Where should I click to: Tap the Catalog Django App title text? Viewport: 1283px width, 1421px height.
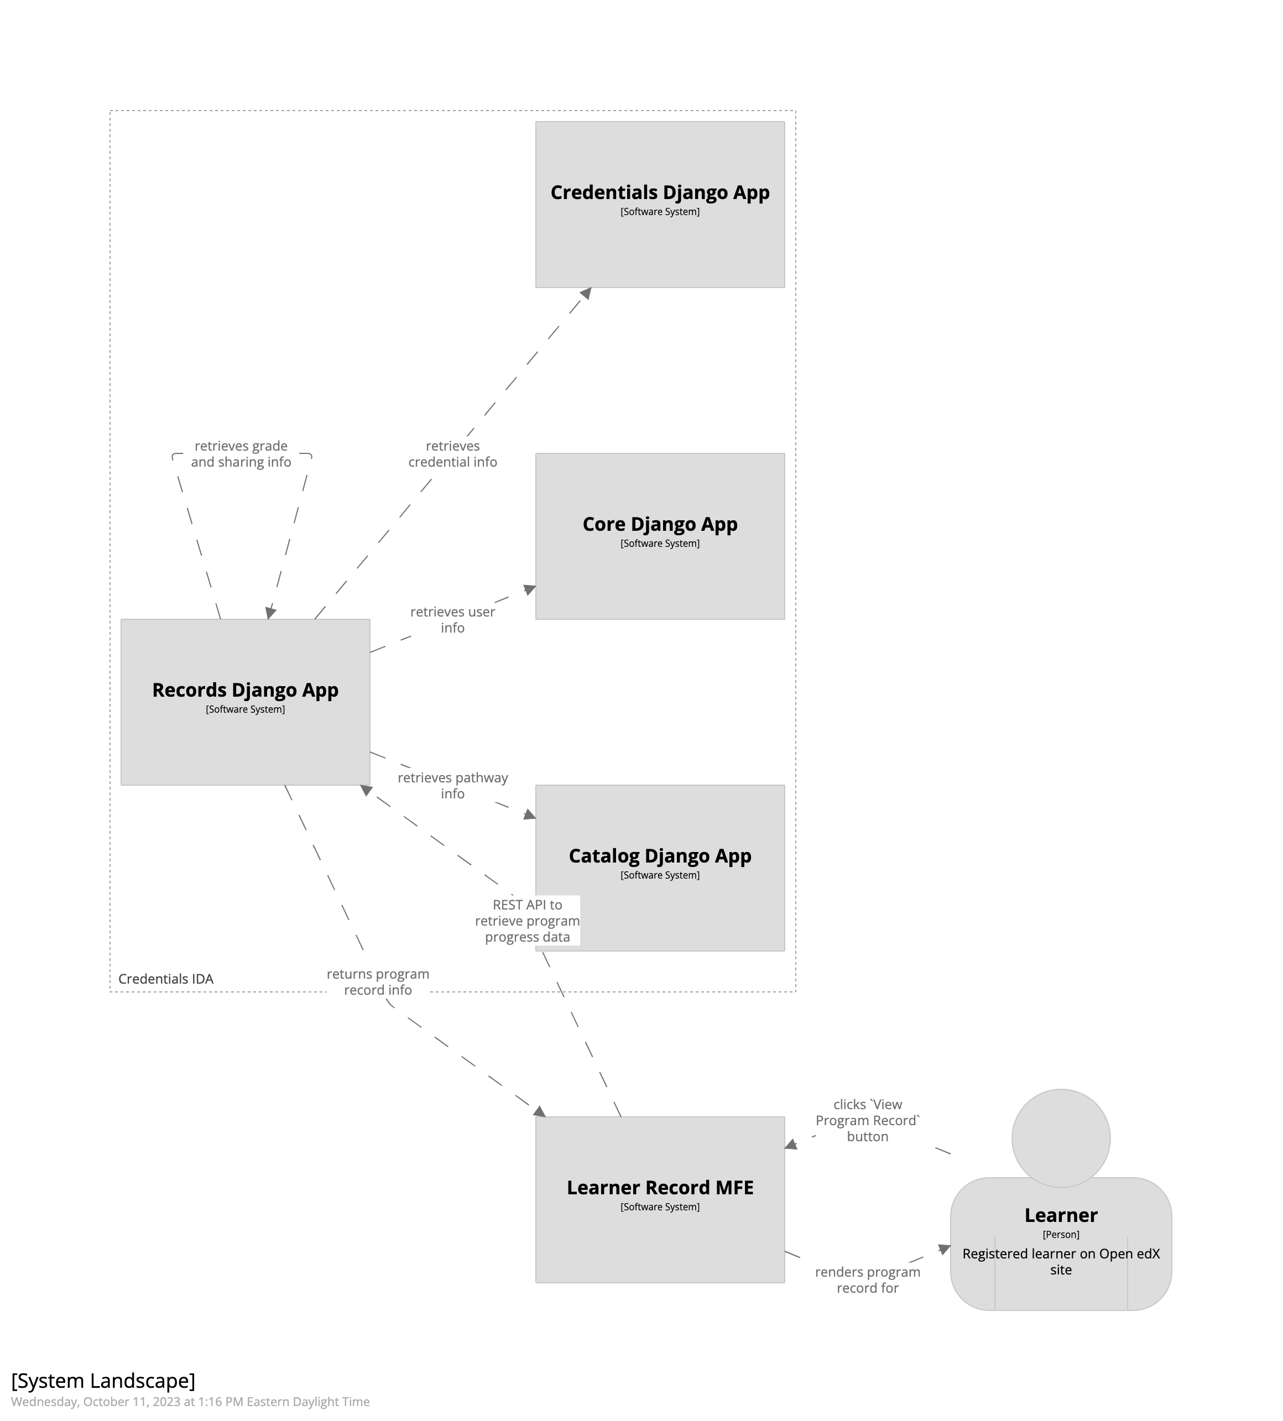[x=659, y=856]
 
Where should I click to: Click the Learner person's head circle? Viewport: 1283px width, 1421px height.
[x=1060, y=1138]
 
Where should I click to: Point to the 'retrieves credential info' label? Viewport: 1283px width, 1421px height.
[x=452, y=454]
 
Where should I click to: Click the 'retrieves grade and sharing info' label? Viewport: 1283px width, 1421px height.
[x=241, y=454]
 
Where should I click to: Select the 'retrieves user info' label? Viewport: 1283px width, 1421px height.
[x=452, y=620]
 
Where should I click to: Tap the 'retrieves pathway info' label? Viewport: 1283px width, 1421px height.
[x=452, y=785]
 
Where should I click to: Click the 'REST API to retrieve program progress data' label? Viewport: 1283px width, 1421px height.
[x=527, y=921]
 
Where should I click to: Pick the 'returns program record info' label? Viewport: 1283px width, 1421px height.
[x=378, y=982]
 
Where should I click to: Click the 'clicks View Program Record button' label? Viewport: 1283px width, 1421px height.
[x=867, y=1120]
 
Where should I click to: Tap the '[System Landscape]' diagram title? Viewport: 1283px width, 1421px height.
[x=103, y=1380]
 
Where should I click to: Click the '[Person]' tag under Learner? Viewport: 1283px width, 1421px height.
[x=1060, y=1234]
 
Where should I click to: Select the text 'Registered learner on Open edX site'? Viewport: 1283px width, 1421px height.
[x=1060, y=1261]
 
